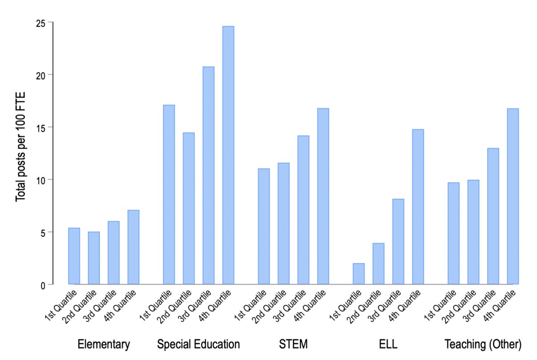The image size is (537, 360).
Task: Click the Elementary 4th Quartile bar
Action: coord(133,247)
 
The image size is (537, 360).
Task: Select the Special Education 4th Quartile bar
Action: coord(228,155)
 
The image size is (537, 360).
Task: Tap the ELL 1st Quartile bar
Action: coord(358,274)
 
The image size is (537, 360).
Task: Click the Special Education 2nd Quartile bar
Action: coord(188,208)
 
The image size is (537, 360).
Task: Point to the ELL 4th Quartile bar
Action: coord(418,207)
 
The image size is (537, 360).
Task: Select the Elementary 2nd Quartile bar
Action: coord(94,258)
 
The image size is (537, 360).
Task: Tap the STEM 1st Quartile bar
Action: coord(264,226)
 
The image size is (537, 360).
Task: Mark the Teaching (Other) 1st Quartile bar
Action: coord(453,233)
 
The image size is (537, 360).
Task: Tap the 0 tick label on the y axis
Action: coord(43,285)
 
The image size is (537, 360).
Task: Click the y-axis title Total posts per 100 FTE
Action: coord(20,147)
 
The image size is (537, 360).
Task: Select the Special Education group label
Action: coord(199,344)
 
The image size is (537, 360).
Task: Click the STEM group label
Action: coord(293,344)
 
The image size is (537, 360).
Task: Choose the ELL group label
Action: coord(388,344)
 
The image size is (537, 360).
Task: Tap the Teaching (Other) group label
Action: coord(483,344)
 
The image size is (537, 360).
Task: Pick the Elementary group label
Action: coord(104,344)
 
